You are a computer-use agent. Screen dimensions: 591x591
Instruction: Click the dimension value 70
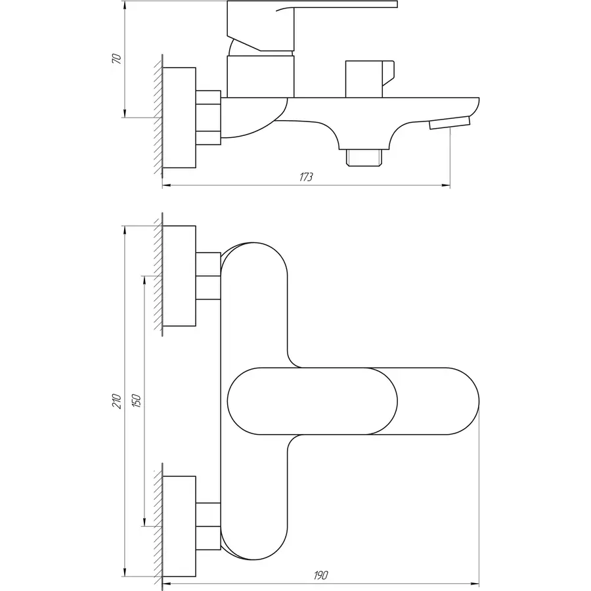coord(118,59)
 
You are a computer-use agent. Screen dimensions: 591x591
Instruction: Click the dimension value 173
coord(306,177)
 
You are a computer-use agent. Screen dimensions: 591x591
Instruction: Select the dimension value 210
coord(118,401)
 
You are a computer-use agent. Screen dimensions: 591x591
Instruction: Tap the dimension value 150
coord(137,401)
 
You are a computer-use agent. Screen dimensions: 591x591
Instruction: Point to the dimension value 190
coord(320,575)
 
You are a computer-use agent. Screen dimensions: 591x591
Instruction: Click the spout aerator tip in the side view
coord(450,123)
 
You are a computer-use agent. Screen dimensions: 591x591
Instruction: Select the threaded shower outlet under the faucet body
coord(364,157)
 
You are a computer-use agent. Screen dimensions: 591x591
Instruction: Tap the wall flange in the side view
coord(179,118)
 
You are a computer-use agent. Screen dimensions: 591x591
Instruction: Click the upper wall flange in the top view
coord(179,276)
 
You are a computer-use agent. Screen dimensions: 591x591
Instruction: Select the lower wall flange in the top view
coord(179,526)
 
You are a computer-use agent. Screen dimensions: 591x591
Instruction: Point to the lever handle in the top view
coord(313,401)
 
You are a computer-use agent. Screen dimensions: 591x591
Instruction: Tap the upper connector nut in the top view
coord(208,276)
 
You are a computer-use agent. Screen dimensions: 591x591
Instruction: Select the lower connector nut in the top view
coord(208,526)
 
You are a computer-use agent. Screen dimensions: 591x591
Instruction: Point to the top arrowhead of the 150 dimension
coord(144,280)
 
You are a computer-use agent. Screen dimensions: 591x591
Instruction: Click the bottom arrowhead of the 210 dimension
coord(123,572)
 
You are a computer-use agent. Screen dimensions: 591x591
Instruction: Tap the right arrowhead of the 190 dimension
coord(475,584)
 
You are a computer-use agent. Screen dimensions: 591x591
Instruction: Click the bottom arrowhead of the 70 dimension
coord(125,113)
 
